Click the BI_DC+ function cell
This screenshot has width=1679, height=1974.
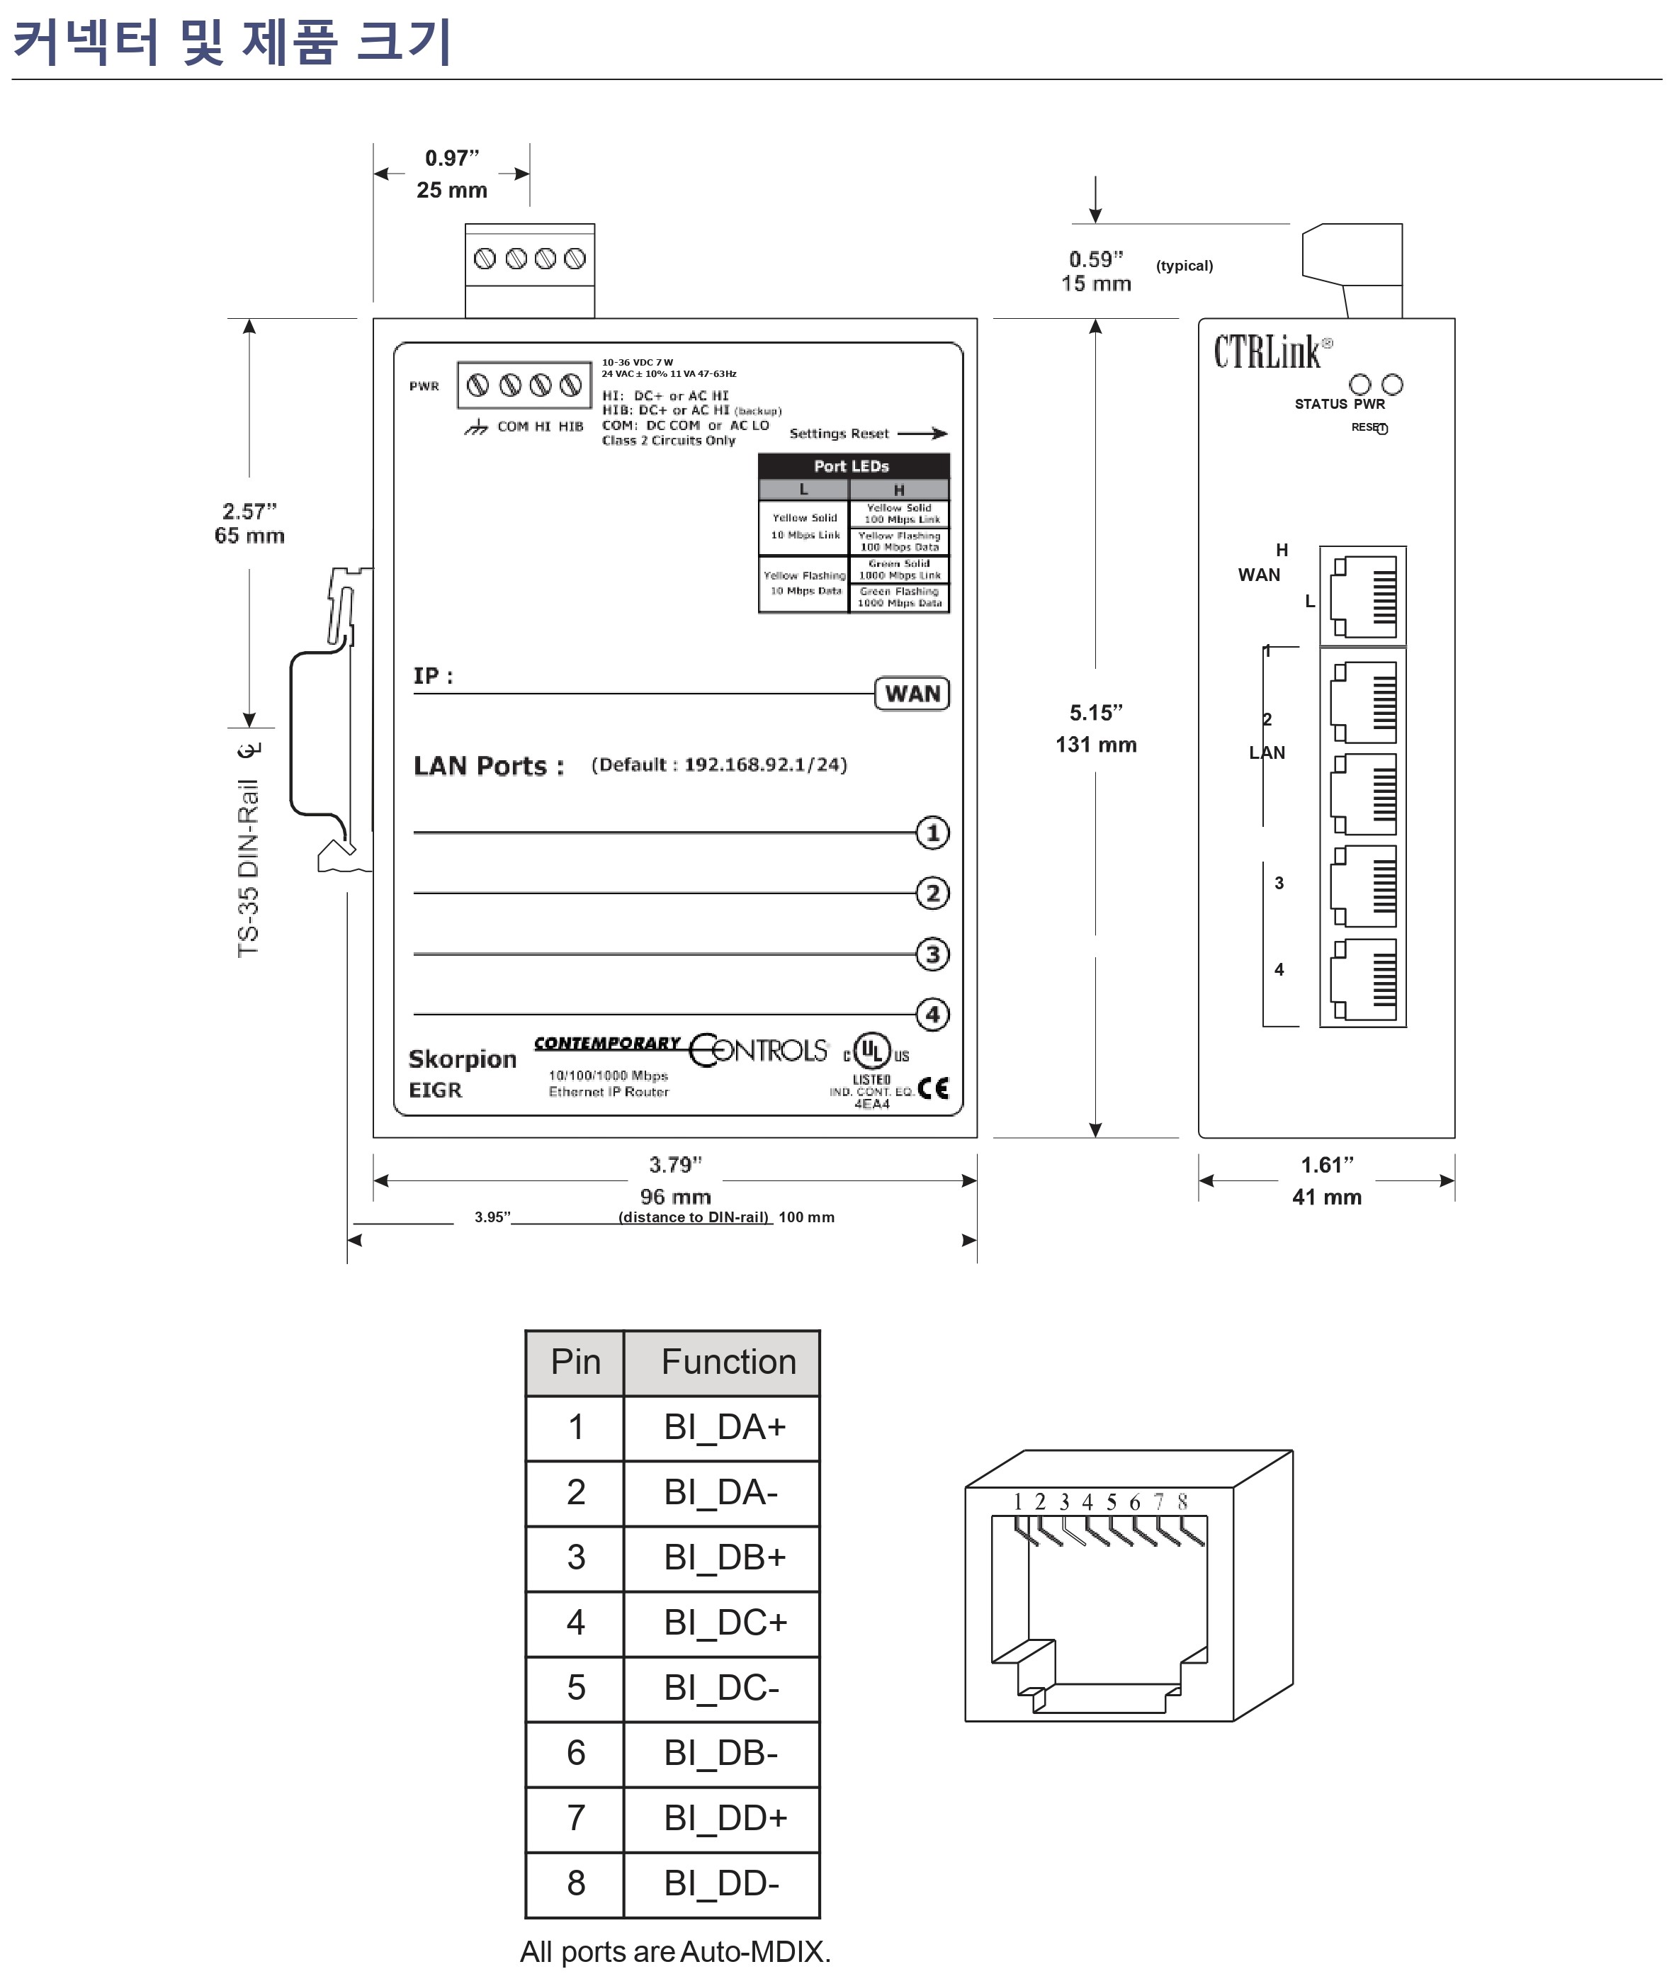[x=724, y=1622]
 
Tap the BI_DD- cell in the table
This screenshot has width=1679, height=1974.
[x=720, y=1883]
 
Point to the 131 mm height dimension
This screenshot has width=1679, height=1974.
[x=1095, y=744]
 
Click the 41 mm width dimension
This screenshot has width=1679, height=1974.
[x=1326, y=1197]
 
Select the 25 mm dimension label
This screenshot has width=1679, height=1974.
[x=451, y=191]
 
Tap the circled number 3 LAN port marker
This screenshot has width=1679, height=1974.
[x=932, y=954]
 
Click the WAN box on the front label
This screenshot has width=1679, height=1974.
[x=912, y=694]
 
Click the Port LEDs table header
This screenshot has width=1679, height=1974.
[x=853, y=466]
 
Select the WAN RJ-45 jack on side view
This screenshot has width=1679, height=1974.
[x=1362, y=596]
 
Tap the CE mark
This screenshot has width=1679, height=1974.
[x=934, y=1088]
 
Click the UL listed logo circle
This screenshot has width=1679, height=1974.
[x=872, y=1051]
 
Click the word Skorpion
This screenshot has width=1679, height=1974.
[x=462, y=1059]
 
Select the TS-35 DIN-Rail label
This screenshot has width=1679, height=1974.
[x=249, y=866]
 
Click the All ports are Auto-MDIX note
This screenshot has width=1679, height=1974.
[x=675, y=1951]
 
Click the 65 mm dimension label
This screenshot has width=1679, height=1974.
[x=249, y=536]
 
